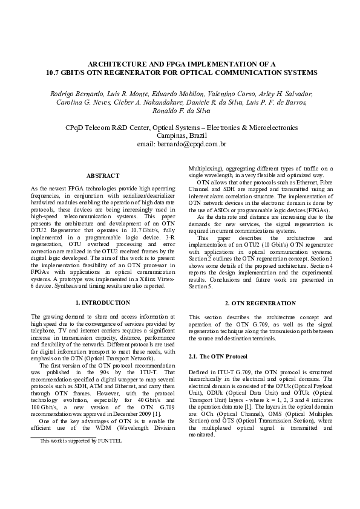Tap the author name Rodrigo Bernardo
tap(73, 94)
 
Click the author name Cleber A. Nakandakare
tap(131, 103)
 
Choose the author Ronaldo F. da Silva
tap(180, 111)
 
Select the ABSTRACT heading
tap(102, 175)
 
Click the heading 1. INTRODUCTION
tap(102, 302)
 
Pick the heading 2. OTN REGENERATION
tap(260, 302)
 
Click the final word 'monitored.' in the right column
tap(201, 435)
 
